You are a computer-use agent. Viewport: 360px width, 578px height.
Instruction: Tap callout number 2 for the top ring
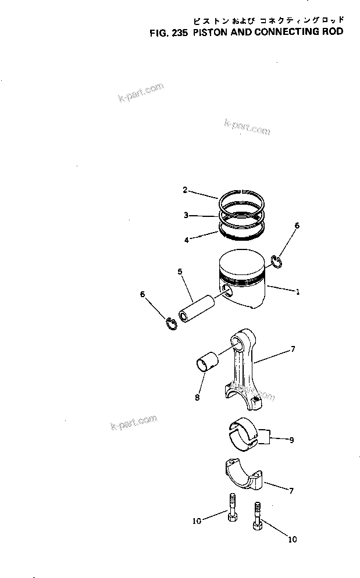coord(185,190)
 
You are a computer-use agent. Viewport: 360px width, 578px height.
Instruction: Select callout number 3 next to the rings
coord(186,215)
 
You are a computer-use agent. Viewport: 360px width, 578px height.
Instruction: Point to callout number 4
coord(186,239)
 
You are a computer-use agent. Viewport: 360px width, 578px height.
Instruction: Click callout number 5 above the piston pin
coord(180,271)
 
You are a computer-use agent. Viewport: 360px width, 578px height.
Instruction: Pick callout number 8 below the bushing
coord(197,398)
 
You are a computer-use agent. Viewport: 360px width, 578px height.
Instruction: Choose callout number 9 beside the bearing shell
coord(291,440)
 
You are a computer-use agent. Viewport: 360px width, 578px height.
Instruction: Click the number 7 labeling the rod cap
coord(291,491)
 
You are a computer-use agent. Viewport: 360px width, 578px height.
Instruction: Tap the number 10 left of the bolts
coord(197,520)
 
